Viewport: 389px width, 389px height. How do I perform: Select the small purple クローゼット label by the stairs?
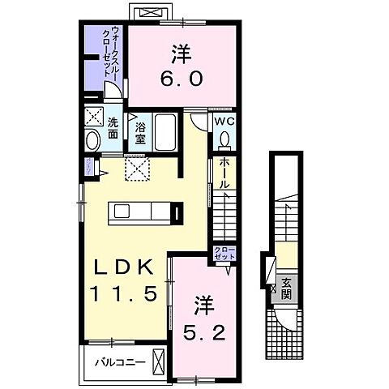tap(224, 252)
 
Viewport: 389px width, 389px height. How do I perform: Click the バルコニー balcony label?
tap(118, 361)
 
